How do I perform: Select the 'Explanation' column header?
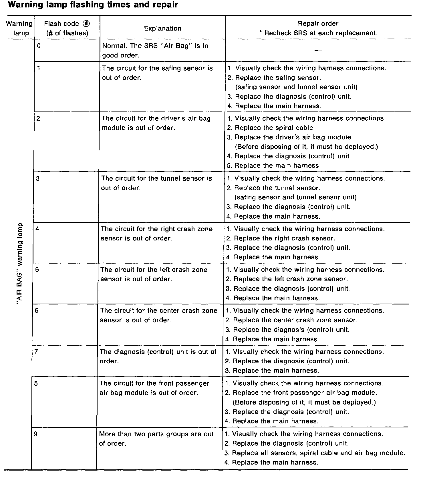pos(162,28)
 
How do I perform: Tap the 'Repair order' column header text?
pos(318,23)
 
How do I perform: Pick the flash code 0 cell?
pos(39,45)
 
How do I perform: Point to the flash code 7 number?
pos(36,352)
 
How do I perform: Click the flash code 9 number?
pos(35,434)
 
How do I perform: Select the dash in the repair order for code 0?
pos(318,51)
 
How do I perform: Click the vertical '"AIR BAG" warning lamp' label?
pos(19,263)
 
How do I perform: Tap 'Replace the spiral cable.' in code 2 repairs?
pos(275,128)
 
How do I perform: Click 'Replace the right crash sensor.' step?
pos(284,238)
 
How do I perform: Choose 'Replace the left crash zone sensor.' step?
pos(291,279)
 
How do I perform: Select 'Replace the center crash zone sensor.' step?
pos(295,320)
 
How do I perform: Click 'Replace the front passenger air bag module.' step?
pos(305,393)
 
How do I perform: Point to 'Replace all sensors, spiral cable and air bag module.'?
pos(318,453)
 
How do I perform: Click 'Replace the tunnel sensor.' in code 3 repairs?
pos(277,188)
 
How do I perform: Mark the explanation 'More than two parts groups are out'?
pos(156,434)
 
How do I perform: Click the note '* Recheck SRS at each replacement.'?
pos(318,33)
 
